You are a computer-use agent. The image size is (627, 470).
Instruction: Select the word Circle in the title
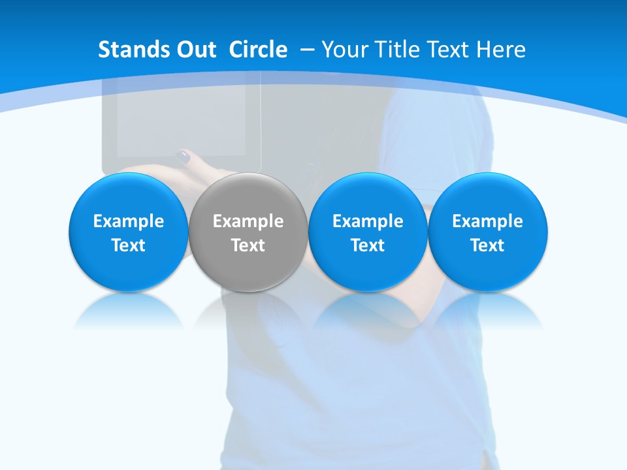pos(258,50)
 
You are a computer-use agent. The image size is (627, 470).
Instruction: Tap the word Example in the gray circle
pos(248,221)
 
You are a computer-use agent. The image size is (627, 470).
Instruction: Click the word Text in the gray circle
pos(248,245)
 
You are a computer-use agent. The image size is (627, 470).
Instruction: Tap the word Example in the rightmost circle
pos(488,221)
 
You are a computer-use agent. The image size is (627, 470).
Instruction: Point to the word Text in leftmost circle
pos(128,245)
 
